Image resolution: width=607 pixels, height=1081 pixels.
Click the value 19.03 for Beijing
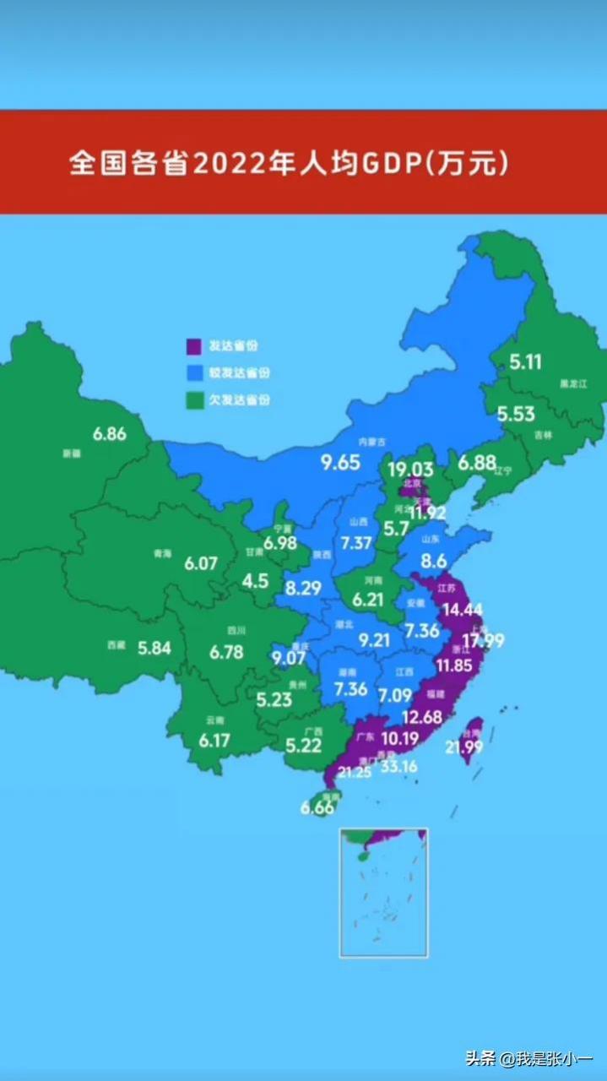(410, 470)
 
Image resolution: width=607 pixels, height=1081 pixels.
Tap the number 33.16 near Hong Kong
(399, 766)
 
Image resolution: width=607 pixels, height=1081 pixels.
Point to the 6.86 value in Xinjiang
(110, 434)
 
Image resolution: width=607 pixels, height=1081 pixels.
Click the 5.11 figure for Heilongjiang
(525, 362)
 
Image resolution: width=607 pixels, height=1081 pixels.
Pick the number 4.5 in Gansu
(255, 581)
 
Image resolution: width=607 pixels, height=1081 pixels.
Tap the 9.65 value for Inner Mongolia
(340, 462)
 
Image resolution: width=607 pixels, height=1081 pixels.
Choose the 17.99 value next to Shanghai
(481, 640)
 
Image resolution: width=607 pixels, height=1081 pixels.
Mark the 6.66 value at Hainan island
(317, 807)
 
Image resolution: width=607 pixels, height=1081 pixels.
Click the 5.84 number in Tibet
(154, 648)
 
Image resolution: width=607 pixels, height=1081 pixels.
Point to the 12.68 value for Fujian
(422, 717)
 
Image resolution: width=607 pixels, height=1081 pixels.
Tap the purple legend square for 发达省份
(193, 346)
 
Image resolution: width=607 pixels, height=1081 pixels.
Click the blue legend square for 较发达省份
(193, 372)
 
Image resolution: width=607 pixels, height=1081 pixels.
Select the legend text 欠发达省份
(240, 400)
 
